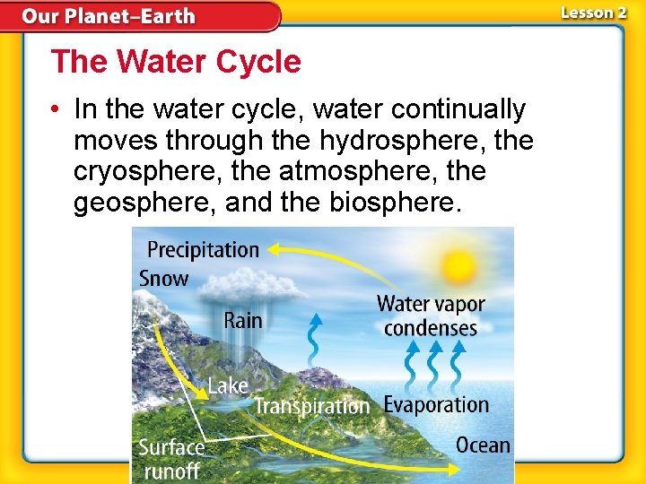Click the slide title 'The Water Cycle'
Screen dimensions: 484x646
point(176,62)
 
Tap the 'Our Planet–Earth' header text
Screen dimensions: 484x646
point(109,16)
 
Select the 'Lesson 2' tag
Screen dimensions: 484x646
point(594,13)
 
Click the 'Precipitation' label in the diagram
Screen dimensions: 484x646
point(203,250)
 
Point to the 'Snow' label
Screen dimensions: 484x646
point(163,278)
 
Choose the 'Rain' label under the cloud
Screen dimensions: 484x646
point(242,320)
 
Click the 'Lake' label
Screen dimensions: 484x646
point(228,385)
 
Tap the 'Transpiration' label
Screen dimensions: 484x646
point(311,406)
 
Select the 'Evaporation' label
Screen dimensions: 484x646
point(436,404)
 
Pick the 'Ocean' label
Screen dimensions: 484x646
point(483,445)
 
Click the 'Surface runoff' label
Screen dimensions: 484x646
point(171,458)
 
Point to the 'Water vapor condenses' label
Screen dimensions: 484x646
point(431,315)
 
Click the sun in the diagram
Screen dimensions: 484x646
point(458,266)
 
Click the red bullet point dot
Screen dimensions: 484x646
point(56,110)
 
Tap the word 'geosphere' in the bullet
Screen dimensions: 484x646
point(145,202)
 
